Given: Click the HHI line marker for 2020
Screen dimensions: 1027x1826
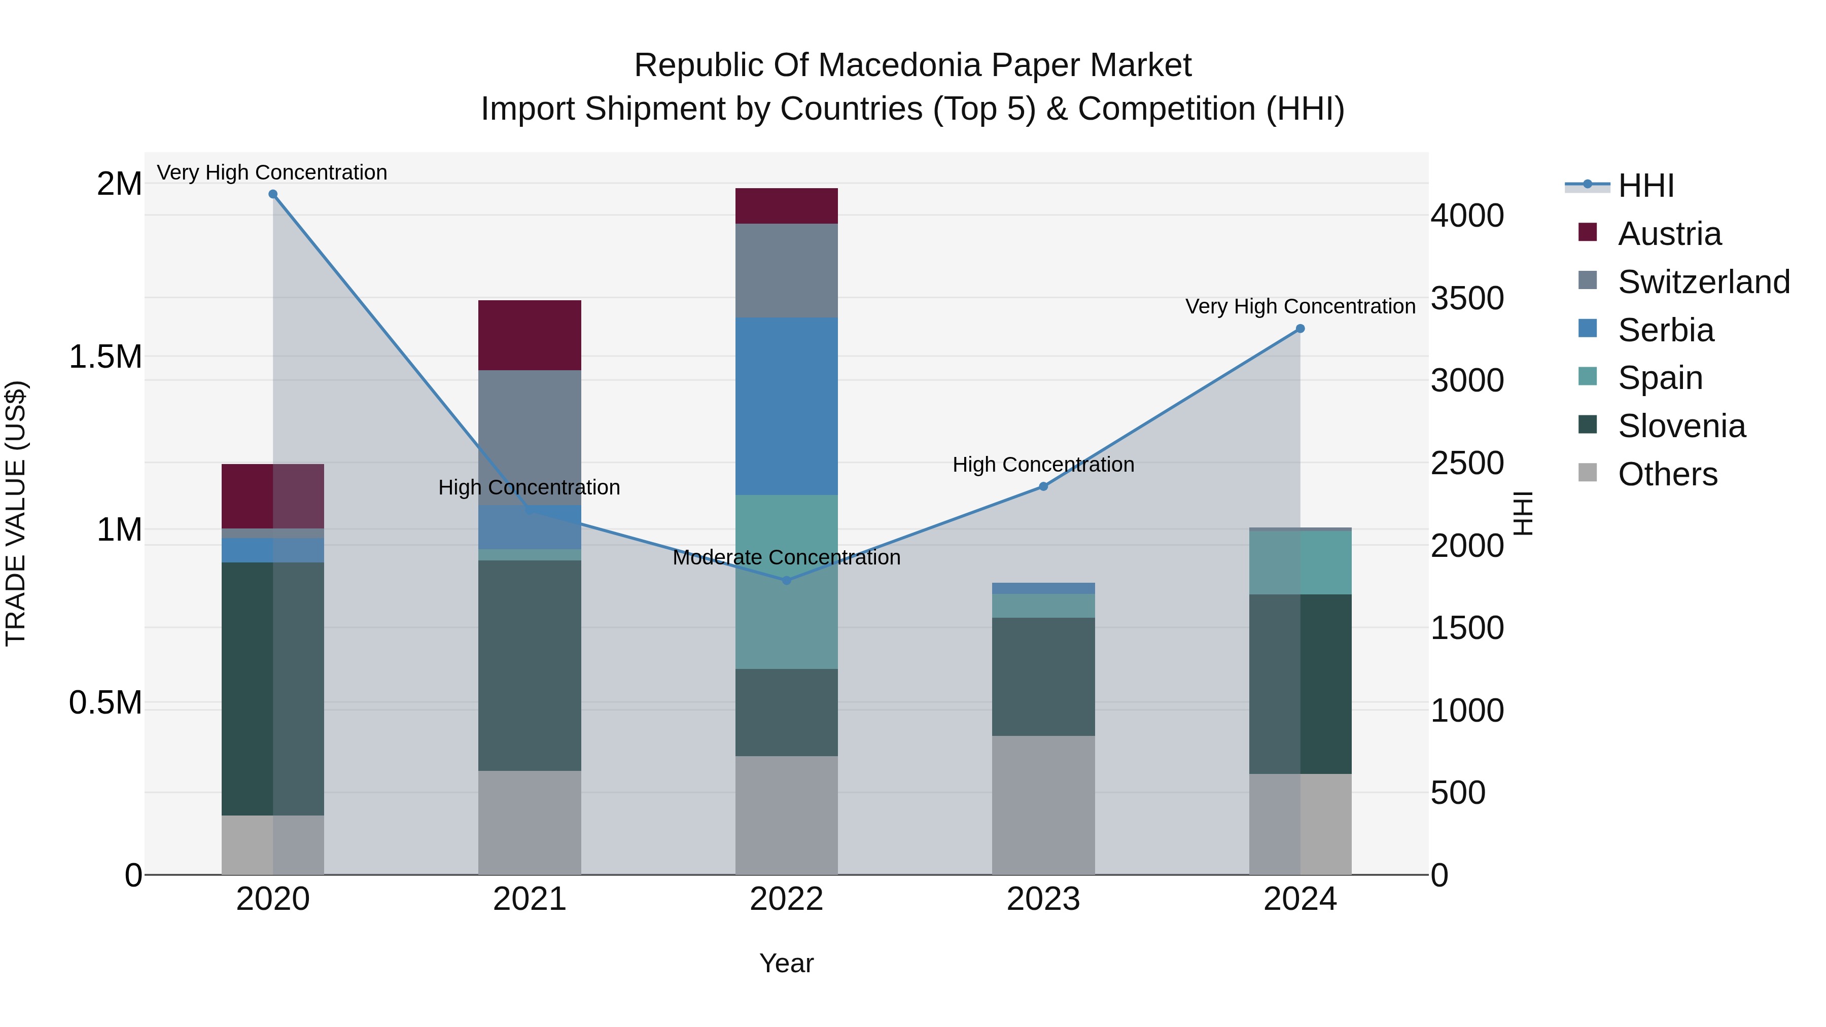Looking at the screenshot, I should point(273,194).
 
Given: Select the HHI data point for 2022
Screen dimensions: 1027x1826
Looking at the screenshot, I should point(786,581).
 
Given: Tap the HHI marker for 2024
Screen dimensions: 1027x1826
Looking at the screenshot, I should point(1300,329).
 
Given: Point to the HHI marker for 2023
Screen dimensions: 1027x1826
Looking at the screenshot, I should point(1043,486).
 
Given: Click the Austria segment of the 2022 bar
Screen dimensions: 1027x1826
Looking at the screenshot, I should point(786,206).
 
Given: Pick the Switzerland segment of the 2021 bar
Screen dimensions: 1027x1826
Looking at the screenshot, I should point(530,437).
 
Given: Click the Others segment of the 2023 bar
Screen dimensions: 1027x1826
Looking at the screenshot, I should point(1043,805).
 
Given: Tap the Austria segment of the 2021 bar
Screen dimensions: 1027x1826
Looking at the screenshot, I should point(530,335).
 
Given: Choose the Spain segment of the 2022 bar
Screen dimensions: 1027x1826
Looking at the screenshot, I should point(786,581).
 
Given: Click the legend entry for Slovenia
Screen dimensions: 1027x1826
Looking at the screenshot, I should point(1681,426).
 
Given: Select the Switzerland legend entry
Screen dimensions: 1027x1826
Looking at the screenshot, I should point(1703,282).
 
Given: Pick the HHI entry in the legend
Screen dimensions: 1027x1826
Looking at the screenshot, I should point(1646,186).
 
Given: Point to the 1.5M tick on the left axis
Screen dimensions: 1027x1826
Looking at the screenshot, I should point(106,357).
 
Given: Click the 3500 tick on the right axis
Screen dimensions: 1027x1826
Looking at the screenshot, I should point(1466,298).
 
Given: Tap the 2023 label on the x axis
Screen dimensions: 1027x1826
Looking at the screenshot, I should point(1043,899).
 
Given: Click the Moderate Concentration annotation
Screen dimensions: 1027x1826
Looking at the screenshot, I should point(786,558).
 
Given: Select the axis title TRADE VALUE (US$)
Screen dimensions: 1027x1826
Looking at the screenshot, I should point(16,513).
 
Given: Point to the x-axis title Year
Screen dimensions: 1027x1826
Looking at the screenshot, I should point(786,963).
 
